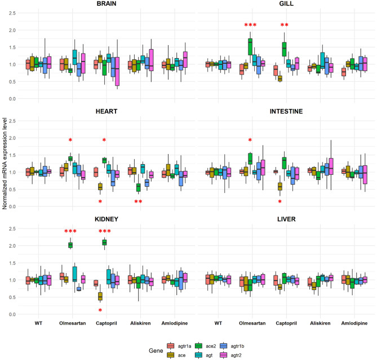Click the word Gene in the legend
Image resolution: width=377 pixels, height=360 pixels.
[x=151, y=350]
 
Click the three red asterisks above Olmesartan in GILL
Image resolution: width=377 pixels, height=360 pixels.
[x=250, y=25]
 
